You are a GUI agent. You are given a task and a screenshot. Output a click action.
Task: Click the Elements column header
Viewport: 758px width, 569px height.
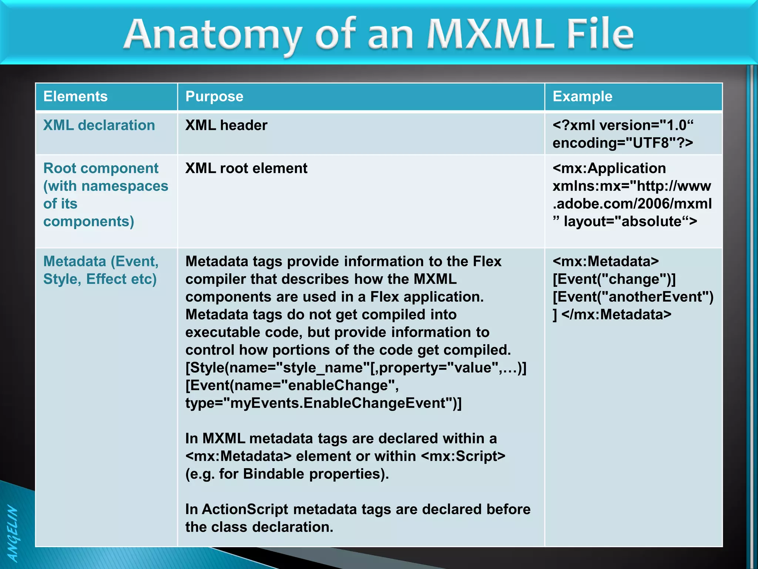pyautogui.click(x=76, y=97)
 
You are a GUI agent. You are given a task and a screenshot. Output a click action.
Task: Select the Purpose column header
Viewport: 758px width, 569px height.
pyautogui.click(x=214, y=97)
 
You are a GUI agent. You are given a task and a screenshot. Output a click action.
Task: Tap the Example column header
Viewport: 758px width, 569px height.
pyautogui.click(x=582, y=97)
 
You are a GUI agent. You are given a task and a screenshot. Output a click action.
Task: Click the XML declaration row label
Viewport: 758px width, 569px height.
pyautogui.click(x=99, y=126)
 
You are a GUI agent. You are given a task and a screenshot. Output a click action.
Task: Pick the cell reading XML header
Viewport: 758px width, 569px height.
pyautogui.click(x=226, y=126)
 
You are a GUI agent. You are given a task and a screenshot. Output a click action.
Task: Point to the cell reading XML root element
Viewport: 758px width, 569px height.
pyautogui.click(x=246, y=169)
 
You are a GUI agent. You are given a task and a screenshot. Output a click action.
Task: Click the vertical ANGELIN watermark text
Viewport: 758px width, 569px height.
pyautogui.click(x=13, y=533)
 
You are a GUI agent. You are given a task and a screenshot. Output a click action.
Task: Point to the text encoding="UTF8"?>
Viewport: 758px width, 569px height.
pyautogui.click(x=623, y=143)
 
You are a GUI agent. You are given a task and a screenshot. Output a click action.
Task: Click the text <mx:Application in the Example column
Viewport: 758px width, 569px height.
pyautogui.click(x=609, y=169)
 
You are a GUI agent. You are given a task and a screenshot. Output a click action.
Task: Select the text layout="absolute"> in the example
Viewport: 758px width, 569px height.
pyautogui.click(x=630, y=222)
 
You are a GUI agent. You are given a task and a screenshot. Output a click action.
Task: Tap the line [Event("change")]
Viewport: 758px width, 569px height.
pyautogui.click(x=614, y=279)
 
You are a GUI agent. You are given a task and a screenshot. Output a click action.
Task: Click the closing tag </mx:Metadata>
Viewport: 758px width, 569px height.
pyautogui.click(x=616, y=315)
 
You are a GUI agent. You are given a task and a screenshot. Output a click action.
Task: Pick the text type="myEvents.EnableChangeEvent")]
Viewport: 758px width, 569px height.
pyautogui.click(x=323, y=403)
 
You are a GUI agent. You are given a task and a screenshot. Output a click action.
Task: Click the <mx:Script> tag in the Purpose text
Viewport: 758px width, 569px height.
pyautogui.click(x=463, y=456)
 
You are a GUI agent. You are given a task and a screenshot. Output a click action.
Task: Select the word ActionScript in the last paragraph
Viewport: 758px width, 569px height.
pyautogui.click(x=245, y=509)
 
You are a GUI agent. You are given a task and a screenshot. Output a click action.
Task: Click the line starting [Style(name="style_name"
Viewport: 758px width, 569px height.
pyautogui.click(x=356, y=368)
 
